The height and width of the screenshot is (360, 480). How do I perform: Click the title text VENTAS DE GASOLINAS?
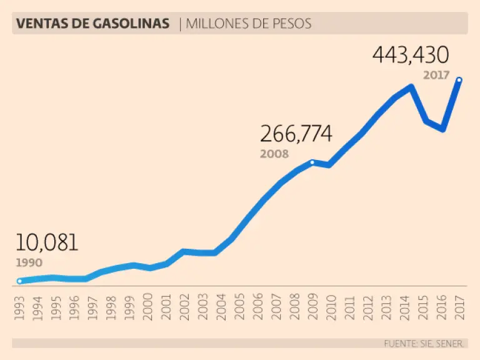click(x=92, y=24)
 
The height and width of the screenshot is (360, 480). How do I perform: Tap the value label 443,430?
click(x=411, y=56)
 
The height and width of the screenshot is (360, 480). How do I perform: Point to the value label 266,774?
click(x=296, y=134)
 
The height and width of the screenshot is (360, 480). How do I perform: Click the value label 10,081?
click(x=47, y=242)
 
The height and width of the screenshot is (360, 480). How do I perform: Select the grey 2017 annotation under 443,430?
click(x=436, y=75)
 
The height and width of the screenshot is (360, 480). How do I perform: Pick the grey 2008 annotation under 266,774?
click(x=274, y=154)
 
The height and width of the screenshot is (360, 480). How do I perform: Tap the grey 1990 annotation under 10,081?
click(x=29, y=262)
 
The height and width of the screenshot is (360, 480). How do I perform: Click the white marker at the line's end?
click(x=459, y=80)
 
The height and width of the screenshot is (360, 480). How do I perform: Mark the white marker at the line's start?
click(x=19, y=281)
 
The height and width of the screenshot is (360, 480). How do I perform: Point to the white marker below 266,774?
click(x=312, y=162)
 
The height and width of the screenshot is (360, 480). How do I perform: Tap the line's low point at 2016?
click(x=442, y=129)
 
